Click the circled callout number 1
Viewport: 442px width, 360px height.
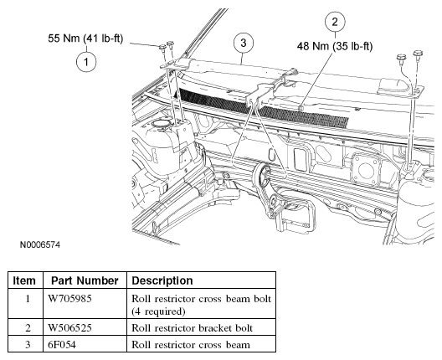86,62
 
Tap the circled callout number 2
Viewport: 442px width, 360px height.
335,22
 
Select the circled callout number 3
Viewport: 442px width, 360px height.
244,44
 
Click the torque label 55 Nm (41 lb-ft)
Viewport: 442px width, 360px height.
85,39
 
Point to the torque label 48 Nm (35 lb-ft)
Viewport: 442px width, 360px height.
335,46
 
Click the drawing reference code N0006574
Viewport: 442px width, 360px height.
40,244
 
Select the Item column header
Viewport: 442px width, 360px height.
24,280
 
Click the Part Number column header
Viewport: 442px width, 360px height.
85,280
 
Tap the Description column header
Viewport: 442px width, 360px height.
162,281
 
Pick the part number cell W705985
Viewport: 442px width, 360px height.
70,298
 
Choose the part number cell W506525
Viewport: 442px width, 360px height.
70,328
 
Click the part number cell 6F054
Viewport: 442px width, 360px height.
62,344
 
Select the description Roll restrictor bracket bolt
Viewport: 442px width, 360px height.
192,328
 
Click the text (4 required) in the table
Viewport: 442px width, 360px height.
158,311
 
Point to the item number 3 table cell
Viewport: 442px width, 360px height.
28,344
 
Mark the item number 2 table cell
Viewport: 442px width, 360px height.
28,328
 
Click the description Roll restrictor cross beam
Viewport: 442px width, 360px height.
191,345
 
